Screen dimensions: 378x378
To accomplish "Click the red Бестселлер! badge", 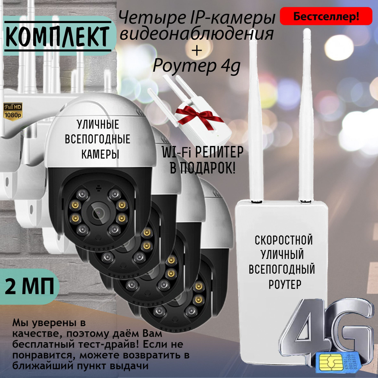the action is pyautogui.click(x=326, y=16).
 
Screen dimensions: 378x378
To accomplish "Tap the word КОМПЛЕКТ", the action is pyautogui.click(x=57, y=37).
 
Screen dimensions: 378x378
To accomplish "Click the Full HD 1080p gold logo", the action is pyautogui.click(x=13, y=112).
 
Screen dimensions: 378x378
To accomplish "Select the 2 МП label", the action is pyautogui.click(x=29, y=287).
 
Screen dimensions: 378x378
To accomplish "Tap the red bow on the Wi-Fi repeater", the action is pyautogui.click(x=198, y=115).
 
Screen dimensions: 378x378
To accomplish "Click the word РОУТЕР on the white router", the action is pyautogui.click(x=285, y=285).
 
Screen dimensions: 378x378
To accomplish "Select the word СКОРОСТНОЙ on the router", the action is pyautogui.click(x=284, y=240).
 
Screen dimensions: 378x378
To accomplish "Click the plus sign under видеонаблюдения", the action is pyautogui.click(x=197, y=51).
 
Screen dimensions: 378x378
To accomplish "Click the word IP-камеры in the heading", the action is pyautogui.click(x=233, y=18).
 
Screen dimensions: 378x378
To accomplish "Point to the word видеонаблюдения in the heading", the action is pyautogui.click(x=197, y=34).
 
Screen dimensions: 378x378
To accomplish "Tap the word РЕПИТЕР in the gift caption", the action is pyautogui.click(x=219, y=152).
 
